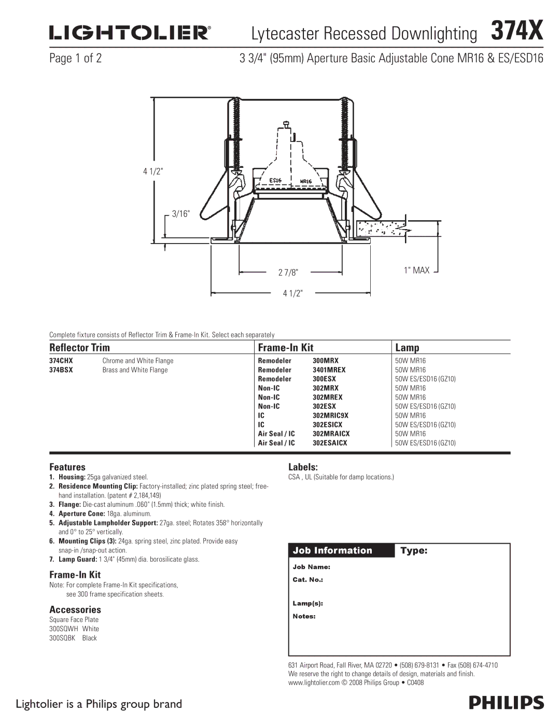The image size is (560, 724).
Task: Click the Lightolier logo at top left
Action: (130, 33)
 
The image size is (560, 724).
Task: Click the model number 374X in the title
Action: (517, 31)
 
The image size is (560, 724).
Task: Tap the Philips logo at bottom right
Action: (506, 703)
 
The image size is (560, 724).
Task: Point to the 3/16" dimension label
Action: (181, 214)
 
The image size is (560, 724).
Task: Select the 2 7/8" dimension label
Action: (288, 273)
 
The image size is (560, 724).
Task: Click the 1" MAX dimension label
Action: (417, 270)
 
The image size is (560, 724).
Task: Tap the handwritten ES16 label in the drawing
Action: (275, 180)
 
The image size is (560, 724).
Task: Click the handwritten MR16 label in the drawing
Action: (305, 181)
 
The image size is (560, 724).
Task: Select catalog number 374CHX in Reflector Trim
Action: (61, 361)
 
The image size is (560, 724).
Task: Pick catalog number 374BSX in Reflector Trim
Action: (61, 370)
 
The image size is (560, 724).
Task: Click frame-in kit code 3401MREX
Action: (329, 370)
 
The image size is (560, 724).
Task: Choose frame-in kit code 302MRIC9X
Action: (330, 416)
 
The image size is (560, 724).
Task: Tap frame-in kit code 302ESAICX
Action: (330, 443)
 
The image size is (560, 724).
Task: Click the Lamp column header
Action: (407, 347)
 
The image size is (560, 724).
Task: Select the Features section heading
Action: (67, 467)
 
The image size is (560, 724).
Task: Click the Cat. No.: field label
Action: (308, 579)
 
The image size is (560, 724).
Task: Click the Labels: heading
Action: (303, 467)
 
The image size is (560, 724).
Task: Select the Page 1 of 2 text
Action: (76, 58)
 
